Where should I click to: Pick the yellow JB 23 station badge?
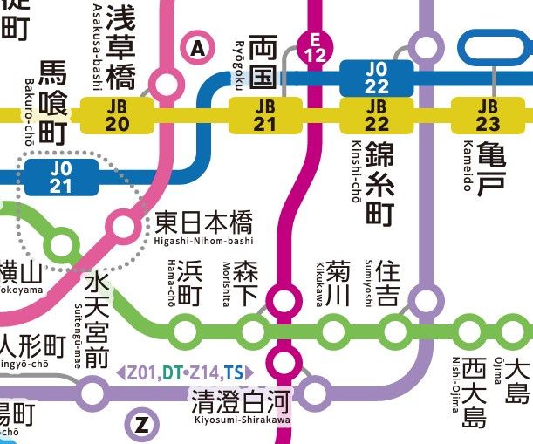point(489,115)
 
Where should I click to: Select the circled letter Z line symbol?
point(142,426)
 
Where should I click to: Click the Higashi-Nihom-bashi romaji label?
point(204,240)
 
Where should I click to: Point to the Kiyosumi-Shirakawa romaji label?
point(240,418)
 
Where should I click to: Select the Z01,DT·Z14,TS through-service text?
point(184,373)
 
